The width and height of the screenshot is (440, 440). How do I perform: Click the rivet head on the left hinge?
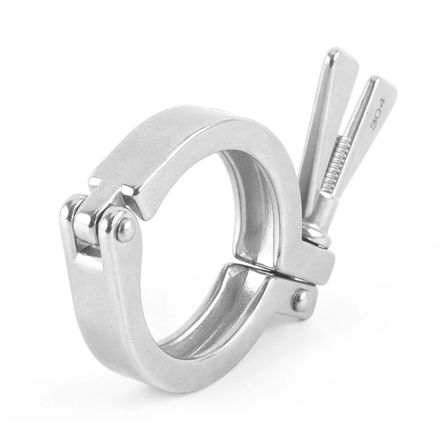click(x=125, y=229)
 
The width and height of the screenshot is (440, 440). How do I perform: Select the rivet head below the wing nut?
click(x=301, y=300)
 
